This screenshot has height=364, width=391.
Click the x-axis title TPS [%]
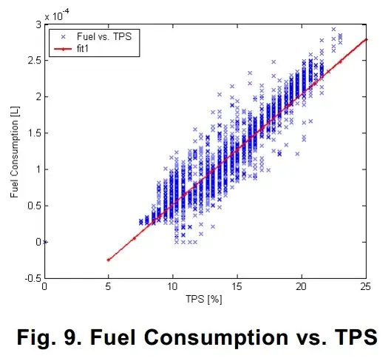[205, 302]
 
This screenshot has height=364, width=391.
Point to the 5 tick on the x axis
[109, 289]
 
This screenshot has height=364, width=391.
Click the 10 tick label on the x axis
[172, 289]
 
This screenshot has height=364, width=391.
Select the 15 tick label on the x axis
[237, 289]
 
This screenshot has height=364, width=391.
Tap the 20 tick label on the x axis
[301, 289]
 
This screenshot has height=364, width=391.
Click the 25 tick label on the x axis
[364, 289]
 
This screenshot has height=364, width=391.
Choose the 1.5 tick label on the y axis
[35, 133]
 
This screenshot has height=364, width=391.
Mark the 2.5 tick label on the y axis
[35, 61]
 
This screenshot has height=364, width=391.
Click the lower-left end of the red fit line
[109, 260]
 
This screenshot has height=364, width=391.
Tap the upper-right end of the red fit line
[366, 40]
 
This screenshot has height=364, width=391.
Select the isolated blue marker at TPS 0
[45, 242]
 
